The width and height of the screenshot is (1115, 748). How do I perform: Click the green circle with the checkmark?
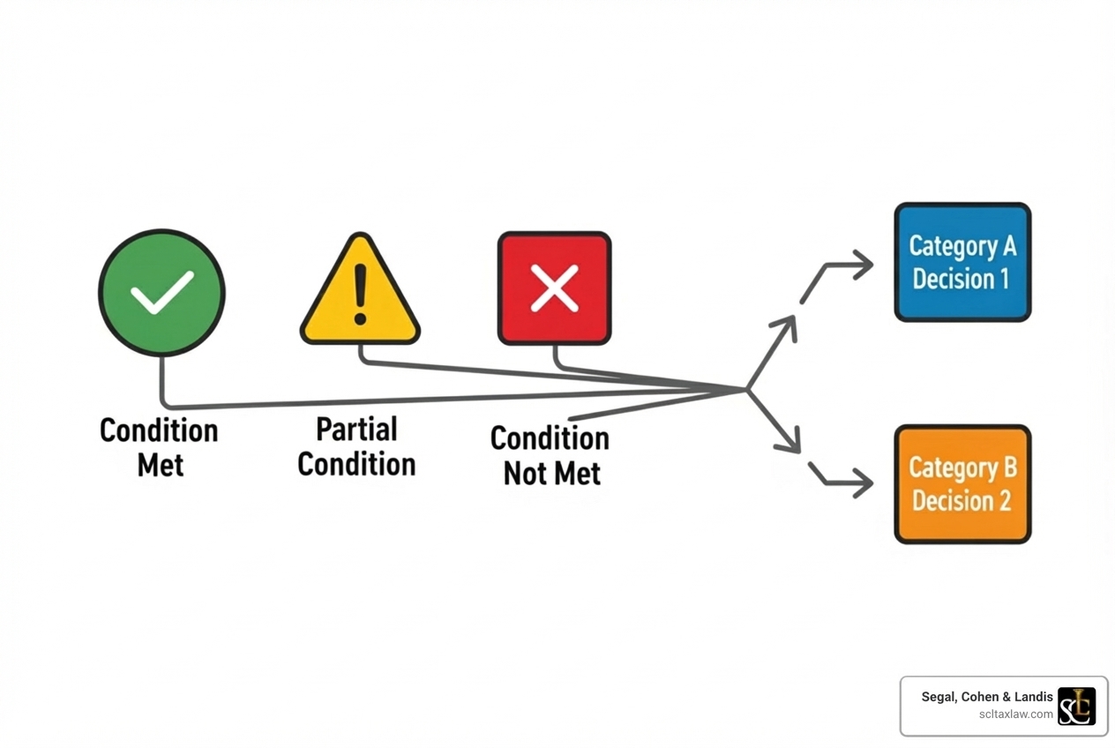pos(161,293)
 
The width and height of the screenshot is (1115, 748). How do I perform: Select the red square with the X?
pos(554,288)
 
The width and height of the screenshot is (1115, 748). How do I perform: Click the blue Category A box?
pos(962,262)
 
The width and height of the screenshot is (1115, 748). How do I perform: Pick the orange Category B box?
pos(962,484)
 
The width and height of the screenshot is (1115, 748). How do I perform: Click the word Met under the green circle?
pos(160,464)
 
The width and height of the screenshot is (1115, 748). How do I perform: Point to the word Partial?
pos(356,430)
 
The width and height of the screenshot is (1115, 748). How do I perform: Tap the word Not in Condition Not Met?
pos(525,474)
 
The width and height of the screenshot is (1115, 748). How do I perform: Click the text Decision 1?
pos(961,280)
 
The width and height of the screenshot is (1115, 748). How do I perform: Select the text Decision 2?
pos(961,501)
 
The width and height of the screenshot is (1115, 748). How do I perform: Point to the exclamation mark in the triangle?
pos(360,295)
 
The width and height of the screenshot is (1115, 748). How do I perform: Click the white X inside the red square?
pos(554,288)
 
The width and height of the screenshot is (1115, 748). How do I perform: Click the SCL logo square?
pos(1076,706)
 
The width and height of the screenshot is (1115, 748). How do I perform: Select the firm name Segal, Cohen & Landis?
pos(987,697)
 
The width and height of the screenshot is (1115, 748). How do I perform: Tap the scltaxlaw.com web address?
pos(1015,714)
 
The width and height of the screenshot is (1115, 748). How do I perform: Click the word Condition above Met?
pos(159,430)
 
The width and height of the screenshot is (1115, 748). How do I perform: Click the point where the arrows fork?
pos(747,389)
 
